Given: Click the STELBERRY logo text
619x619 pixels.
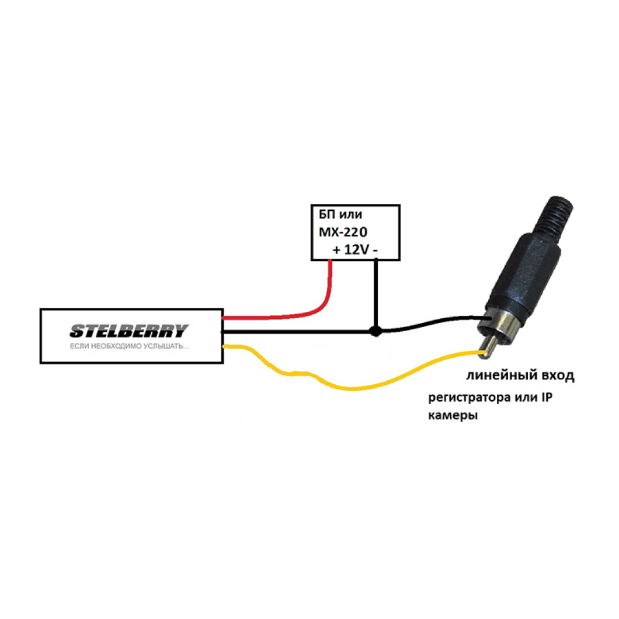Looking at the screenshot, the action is click(x=129, y=331).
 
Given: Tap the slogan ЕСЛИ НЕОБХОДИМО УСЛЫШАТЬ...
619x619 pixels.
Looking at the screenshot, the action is click(x=129, y=347).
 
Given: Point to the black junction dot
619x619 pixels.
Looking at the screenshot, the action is click(x=376, y=331).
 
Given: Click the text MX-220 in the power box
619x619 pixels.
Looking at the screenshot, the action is click(x=343, y=232).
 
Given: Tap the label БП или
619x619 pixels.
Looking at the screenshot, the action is click(x=340, y=214).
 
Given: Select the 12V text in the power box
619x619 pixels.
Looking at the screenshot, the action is click(x=357, y=249).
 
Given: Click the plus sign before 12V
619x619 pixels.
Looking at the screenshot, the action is click(x=336, y=250).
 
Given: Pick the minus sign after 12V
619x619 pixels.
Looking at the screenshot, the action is click(x=375, y=251).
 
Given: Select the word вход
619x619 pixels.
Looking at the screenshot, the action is click(x=558, y=375).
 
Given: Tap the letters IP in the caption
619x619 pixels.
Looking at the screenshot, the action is click(x=547, y=397).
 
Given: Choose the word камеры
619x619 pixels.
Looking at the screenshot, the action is click(x=453, y=416).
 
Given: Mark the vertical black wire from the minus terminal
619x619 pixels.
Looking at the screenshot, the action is click(x=376, y=294).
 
